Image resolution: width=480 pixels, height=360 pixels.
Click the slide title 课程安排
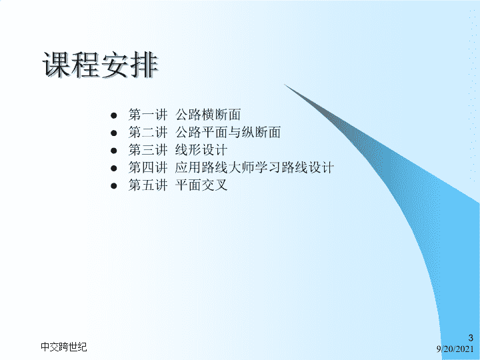(100, 65)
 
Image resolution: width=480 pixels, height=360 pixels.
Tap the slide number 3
(471, 338)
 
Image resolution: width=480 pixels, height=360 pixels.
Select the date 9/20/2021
(455, 349)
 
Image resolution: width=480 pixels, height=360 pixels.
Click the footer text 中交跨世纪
(64, 347)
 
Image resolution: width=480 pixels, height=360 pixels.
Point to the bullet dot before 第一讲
(114, 115)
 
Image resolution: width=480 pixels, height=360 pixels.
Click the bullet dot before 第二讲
(114, 133)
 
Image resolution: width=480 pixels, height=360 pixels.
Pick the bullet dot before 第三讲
(114, 151)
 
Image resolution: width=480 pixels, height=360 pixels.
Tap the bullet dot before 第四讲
(114, 168)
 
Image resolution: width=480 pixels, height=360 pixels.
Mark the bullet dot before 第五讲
(114, 185)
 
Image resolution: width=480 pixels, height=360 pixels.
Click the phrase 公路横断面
(208, 115)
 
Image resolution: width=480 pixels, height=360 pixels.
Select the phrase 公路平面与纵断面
(228, 132)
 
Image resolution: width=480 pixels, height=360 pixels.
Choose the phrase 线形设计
(201, 150)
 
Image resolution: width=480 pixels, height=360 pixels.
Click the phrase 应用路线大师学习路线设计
(255, 167)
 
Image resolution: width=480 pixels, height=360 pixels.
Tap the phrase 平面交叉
(201, 185)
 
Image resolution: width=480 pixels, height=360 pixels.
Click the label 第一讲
(148, 115)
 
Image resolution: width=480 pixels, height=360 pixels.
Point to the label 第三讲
(148, 150)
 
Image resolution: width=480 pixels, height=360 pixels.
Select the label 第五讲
(148, 185)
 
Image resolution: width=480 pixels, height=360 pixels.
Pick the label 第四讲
(148, 167)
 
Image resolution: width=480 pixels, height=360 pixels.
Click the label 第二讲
(148, 132)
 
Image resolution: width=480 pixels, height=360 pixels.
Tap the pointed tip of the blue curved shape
(285, 84)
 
